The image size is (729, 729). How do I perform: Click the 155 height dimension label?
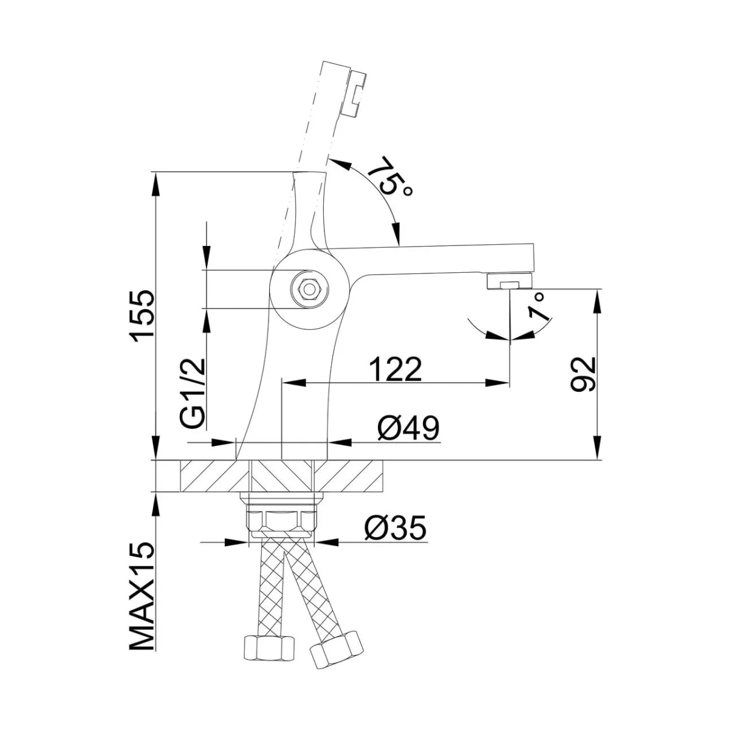tap(142, 317)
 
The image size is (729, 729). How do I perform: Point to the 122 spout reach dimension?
tap(395, 369)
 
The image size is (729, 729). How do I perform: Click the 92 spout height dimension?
tap(583, 374)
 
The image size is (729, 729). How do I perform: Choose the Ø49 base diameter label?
tap(409, 428)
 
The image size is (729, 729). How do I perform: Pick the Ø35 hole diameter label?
tap(395, 528)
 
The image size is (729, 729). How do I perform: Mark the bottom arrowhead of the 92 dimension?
tap(597, 448)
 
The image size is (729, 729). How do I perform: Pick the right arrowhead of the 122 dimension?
tap(498, 383)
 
